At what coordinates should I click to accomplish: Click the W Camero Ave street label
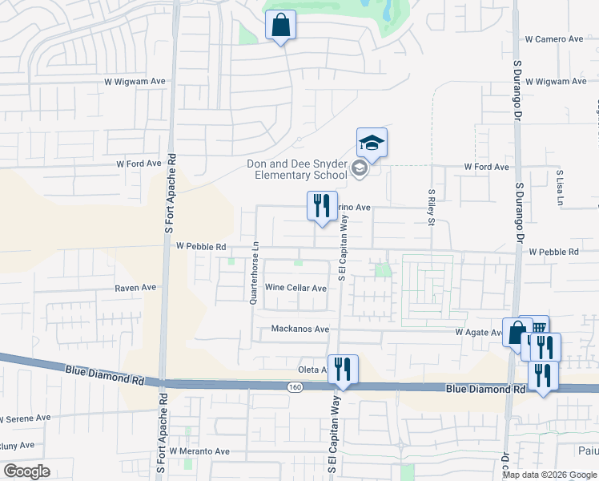pyautogui.click(x=554, y=38)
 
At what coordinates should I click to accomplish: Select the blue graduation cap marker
pyautogui.click(x=372, y=143)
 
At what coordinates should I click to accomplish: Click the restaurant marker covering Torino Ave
pyautogui.click(x=322, y=207)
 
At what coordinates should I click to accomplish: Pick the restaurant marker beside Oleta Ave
pyautogui.click(x=343, y=370)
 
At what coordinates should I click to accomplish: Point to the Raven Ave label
pyautogui.click(x=135, y=287)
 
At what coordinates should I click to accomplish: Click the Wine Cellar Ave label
pyautogui.click(x=295, y=287)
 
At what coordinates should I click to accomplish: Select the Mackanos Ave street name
pyautogui.click(x=300, y=329)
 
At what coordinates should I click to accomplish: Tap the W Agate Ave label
pyautogui.click(x=478, y=331)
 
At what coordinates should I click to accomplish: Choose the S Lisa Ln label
pyautogui.click(x=561, y=186)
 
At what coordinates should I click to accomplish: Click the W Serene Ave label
pyautogui.click(x=26, y=418)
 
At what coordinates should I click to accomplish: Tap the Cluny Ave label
pyautogui.click(x=18, y=445)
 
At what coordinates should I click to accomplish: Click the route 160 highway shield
pyautogui.click(x=295, y=386)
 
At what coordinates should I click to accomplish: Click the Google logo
pyautogui.click(x=26, y=471)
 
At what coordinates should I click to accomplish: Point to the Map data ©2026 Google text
pyautogui.click(x=549, y=475)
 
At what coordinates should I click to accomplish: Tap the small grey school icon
pyautogui.click(x=359, y=168)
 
